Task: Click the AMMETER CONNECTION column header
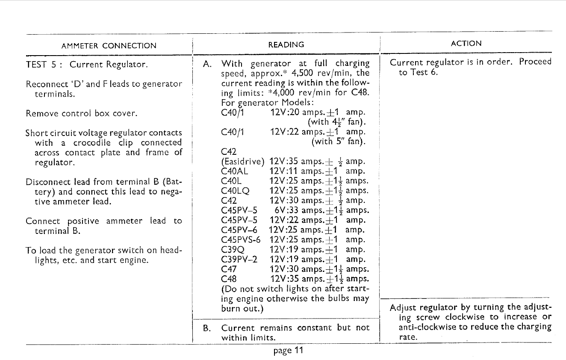click(109, 46)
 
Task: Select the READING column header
click(286, 44)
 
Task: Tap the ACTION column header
click(466, 43)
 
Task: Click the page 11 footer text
click(289, 351)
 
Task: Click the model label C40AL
click(235, 171)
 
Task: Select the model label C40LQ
click(236, 191)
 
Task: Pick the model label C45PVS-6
click(241, 240)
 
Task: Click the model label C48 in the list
click(229, 279)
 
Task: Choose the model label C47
click(229, 269)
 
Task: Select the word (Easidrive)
click(242, 162)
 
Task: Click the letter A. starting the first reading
click(207, 64)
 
